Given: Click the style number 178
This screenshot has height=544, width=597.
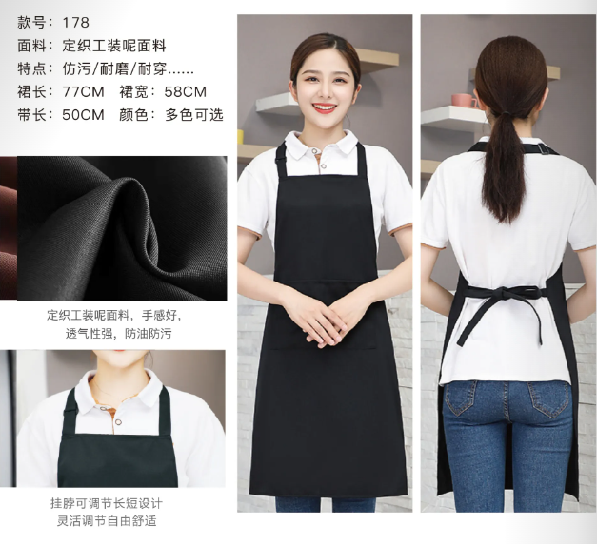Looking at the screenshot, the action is coord(76,23).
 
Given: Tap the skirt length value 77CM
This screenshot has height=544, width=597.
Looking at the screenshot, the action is coord(83,91).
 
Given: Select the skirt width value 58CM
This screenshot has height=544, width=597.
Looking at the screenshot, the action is coord(185,91).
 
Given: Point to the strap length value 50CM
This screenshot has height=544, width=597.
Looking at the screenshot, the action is coord(83,114).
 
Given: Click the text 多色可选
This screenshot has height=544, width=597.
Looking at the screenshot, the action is coord(194,114).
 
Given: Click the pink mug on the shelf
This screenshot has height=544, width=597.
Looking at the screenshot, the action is coord(464,100).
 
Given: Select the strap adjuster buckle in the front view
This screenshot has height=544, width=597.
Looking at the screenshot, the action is coord(281,154).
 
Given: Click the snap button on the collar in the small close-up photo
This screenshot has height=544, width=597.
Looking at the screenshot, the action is coord(119,421).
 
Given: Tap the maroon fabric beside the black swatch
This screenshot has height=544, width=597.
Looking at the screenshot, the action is coord(9,228).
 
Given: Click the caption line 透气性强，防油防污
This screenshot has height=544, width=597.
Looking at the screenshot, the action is coord(118,334).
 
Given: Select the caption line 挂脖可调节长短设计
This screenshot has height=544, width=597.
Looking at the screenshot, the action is coord(107,503).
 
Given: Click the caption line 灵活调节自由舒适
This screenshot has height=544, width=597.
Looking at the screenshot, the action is coord(107,520).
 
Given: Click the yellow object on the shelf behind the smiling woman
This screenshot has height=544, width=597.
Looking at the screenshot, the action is coord(240,137).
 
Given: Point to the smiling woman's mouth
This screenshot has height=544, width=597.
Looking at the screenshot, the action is coord(324,108).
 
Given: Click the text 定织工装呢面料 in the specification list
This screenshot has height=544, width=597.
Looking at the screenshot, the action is coord(114,46).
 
